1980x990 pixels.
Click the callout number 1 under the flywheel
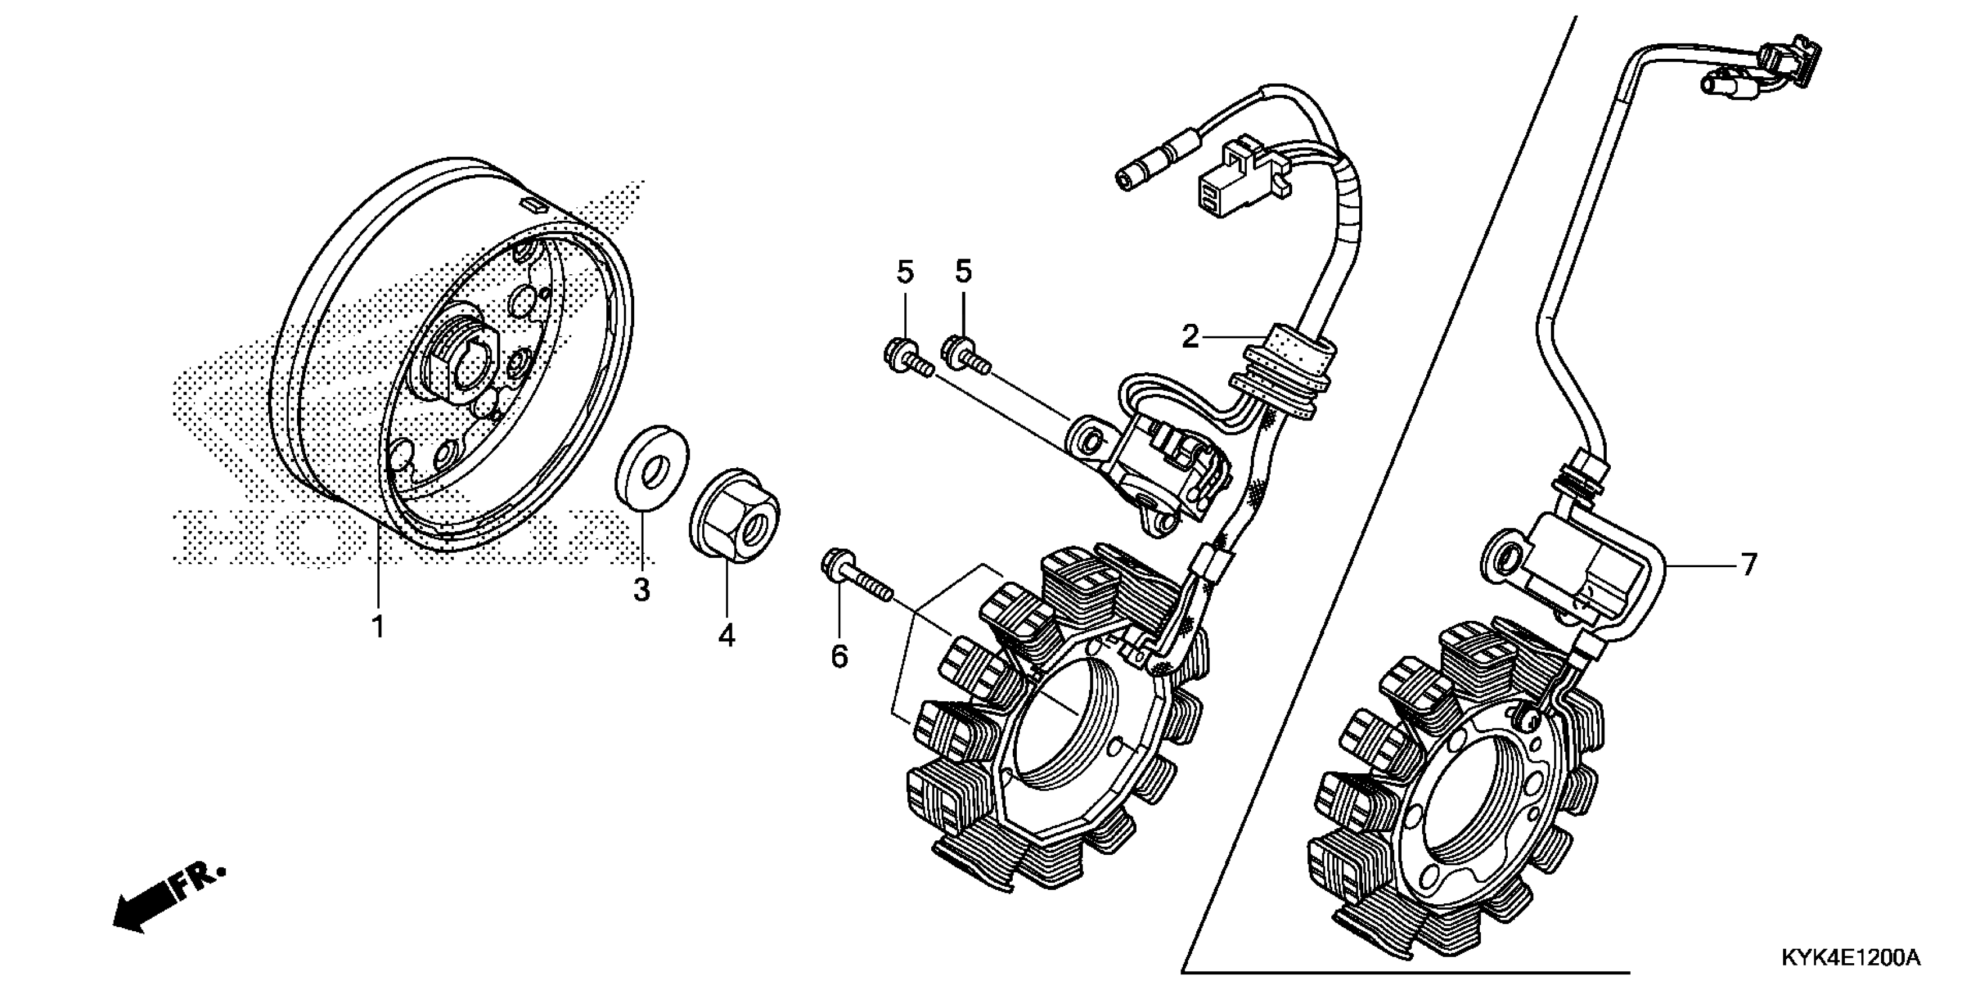[x=377, y=627]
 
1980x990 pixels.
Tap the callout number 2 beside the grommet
[x=1190, y=336]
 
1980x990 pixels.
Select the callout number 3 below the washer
[x=642, y=589]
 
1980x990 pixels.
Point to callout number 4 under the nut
[x=726, y=635]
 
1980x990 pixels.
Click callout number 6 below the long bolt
[x=839, y=656]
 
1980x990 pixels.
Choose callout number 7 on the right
[x=1749, y=565]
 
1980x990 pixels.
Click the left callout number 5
[x=904, y=271]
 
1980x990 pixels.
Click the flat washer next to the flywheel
[x=652, y=466]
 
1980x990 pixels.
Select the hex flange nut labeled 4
[x=734, y=514]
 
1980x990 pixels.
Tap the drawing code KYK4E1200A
[x=1848, y=958]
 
